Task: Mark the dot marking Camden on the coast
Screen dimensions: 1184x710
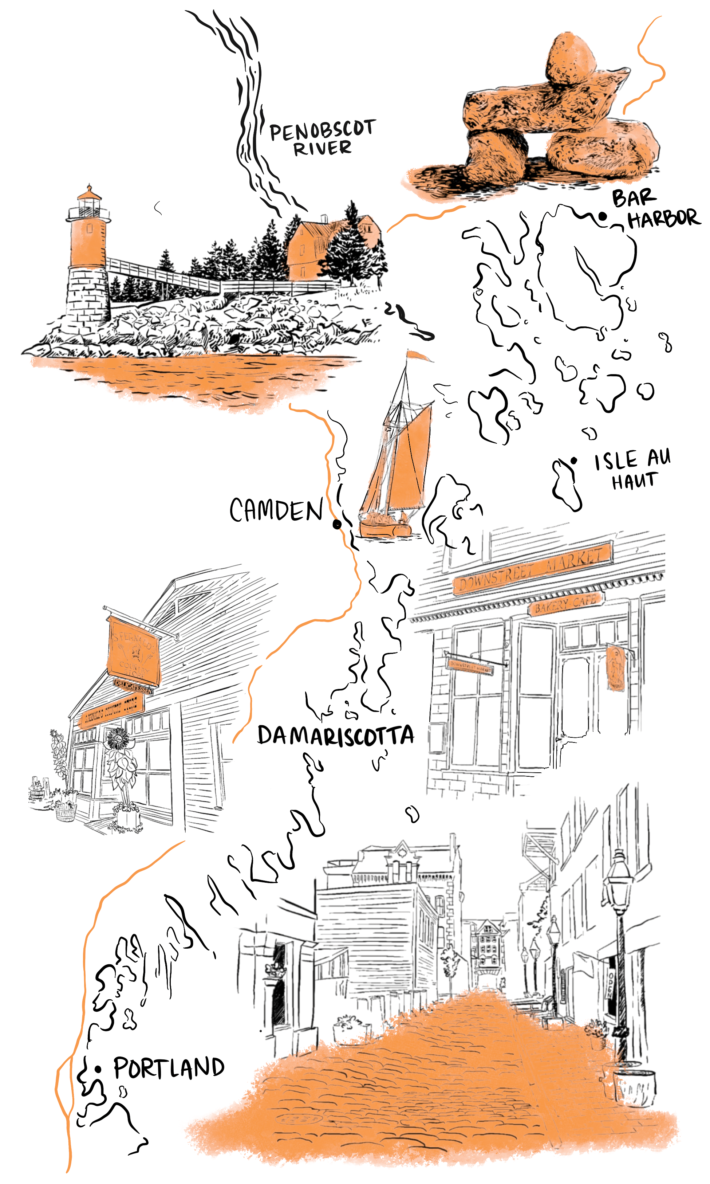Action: [337, 524]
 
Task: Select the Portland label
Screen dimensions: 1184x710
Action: [169, 1068]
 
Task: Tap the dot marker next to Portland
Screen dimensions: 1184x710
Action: [98, 1069]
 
